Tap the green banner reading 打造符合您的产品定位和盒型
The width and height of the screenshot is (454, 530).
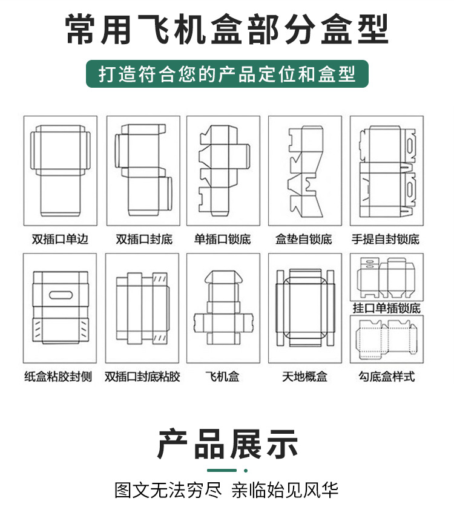point(227,74)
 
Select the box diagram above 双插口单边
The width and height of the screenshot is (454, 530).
point(60,171)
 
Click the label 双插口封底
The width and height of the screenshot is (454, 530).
point(143,240)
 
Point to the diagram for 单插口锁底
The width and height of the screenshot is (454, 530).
point(223,171)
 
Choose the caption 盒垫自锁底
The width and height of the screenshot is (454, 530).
point(304,240)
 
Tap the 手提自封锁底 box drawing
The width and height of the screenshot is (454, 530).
point(387,171)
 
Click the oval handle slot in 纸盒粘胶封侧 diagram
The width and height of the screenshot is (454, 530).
point(60,296)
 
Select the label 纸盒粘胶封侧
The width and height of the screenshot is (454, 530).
point(58,377)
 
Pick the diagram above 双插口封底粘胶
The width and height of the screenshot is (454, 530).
point(142,307)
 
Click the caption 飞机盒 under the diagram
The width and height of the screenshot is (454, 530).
point(222,377)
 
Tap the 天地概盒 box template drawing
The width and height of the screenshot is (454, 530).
point(304,307)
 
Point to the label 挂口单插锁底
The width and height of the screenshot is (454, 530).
point(387,309)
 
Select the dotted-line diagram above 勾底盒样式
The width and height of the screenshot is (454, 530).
point(387,339)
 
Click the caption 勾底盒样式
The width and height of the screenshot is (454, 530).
point(387,377)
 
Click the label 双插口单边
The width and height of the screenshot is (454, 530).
point(60,240)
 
